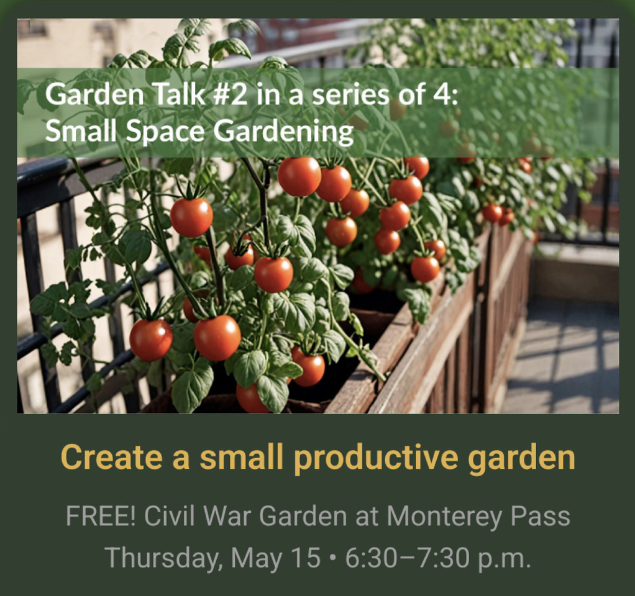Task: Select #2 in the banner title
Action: tap(229, 94)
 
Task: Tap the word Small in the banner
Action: tap(80, 131)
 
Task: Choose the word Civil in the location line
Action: tap(171, 516)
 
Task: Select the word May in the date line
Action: tap(257, 559)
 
